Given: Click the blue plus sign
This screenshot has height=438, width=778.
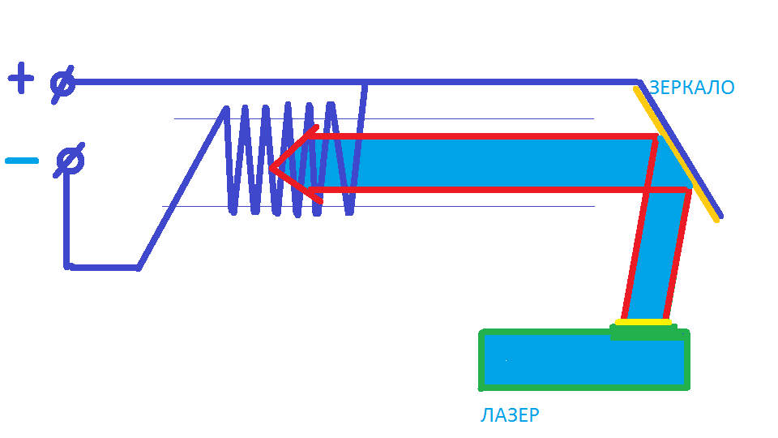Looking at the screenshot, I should coord(21,79).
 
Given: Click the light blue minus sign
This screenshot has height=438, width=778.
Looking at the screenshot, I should coord(22,161).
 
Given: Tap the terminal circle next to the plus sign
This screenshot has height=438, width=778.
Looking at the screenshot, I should coord(62,83).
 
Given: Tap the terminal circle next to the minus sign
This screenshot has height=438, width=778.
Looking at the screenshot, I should coord(68,161).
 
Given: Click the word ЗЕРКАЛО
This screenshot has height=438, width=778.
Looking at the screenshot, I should coord(691,88).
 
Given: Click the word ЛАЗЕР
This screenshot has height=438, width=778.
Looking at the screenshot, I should coord(510,416).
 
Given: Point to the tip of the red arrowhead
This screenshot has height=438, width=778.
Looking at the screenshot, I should coord(271,169).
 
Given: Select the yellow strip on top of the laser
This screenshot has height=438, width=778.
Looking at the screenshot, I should coord(643,322).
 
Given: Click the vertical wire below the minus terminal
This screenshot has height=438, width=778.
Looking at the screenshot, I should coord(66,219).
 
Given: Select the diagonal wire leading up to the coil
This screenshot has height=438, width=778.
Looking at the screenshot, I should coord(182,187).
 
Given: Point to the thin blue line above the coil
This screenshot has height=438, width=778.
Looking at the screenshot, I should coord(486,119).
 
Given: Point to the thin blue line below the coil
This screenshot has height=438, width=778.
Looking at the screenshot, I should coord(486,206).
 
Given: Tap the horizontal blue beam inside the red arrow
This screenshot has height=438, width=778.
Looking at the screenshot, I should coord(486,162).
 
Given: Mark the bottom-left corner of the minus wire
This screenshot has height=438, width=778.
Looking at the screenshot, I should coord(67,265).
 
